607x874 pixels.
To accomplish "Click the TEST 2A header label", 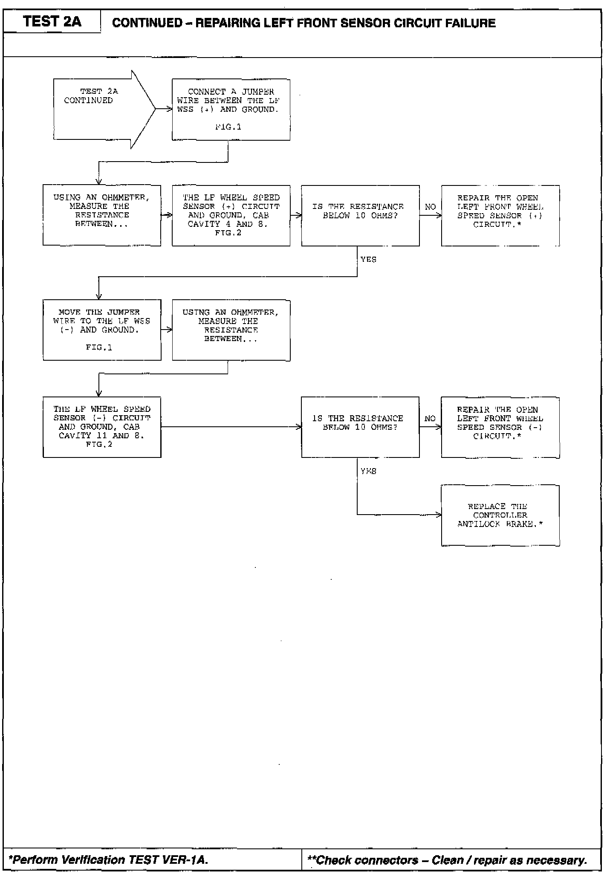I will pos(52,21).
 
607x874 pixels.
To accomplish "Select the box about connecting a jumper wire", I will pos(231,109).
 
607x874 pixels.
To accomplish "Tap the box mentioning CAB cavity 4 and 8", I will pos(231,215).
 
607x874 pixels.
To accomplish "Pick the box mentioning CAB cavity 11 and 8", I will pos(102,427).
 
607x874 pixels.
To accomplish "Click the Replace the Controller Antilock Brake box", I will pos(500,515).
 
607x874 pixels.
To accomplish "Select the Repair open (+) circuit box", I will pos(500,215).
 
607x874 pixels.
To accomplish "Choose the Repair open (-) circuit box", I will pos(500,427).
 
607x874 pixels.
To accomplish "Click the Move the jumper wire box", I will pos(102,330).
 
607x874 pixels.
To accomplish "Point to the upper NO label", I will pos(430,207).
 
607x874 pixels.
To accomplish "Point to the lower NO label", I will pos(430,418).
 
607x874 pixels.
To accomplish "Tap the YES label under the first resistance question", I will pos(368,259).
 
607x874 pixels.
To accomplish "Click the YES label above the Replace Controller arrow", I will pos(368,471).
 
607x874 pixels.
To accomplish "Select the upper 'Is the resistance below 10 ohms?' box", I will pos(360,215).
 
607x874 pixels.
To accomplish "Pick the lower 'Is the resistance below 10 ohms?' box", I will pos(360,427).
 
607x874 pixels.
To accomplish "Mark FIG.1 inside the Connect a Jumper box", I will pos(228,127).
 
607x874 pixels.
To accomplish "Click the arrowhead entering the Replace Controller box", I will pos(439,515).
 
